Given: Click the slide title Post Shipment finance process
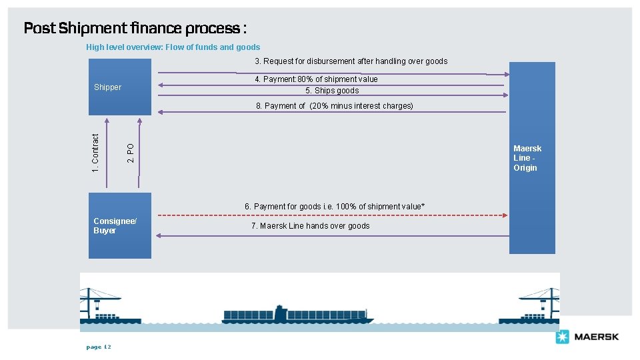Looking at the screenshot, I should coord(135,28).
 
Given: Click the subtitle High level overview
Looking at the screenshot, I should coord(173,47).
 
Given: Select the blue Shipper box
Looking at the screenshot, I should coord(120,87).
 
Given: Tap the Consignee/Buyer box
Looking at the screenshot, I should coord(120,225).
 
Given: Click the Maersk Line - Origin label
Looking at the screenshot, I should coord(527,158).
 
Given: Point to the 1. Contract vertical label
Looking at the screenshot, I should coord(95,153).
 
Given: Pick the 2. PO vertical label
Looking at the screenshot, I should coord(131,153).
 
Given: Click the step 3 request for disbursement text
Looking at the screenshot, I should coord(351,61).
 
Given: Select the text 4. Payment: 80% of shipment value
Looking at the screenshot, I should coord(316,79).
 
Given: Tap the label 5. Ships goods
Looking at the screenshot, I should coord(332,91).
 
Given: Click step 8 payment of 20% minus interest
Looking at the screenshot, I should coord(335,106).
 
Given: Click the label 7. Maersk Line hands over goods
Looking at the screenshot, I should coord(310,226).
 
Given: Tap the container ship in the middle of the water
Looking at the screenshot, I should coord(297,315).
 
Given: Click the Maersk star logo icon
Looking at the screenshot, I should coord(562,337).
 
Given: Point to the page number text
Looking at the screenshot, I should coord(99,347).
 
